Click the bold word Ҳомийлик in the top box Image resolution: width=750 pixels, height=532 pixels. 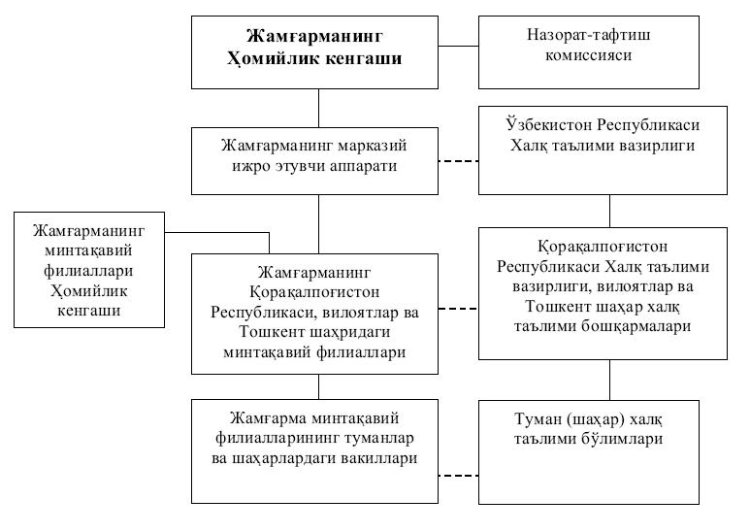272,58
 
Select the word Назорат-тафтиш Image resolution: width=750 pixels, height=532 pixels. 589,34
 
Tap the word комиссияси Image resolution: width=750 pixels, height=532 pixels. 589,55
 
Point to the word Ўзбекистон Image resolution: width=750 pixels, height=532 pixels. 549,125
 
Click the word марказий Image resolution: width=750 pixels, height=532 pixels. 373,146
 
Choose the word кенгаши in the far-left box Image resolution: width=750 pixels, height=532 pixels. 89,311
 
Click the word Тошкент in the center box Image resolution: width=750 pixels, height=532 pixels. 271,332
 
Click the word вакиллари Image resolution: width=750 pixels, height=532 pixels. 378,458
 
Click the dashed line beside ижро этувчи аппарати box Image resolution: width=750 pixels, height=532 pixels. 458,161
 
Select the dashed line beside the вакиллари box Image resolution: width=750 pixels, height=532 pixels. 458,476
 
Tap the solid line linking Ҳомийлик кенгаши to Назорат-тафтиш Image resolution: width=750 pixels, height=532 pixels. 458,47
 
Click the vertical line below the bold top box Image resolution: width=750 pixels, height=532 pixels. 318,108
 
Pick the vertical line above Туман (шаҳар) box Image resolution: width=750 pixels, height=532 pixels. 609,380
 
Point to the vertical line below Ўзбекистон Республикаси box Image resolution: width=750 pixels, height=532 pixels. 609,211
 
